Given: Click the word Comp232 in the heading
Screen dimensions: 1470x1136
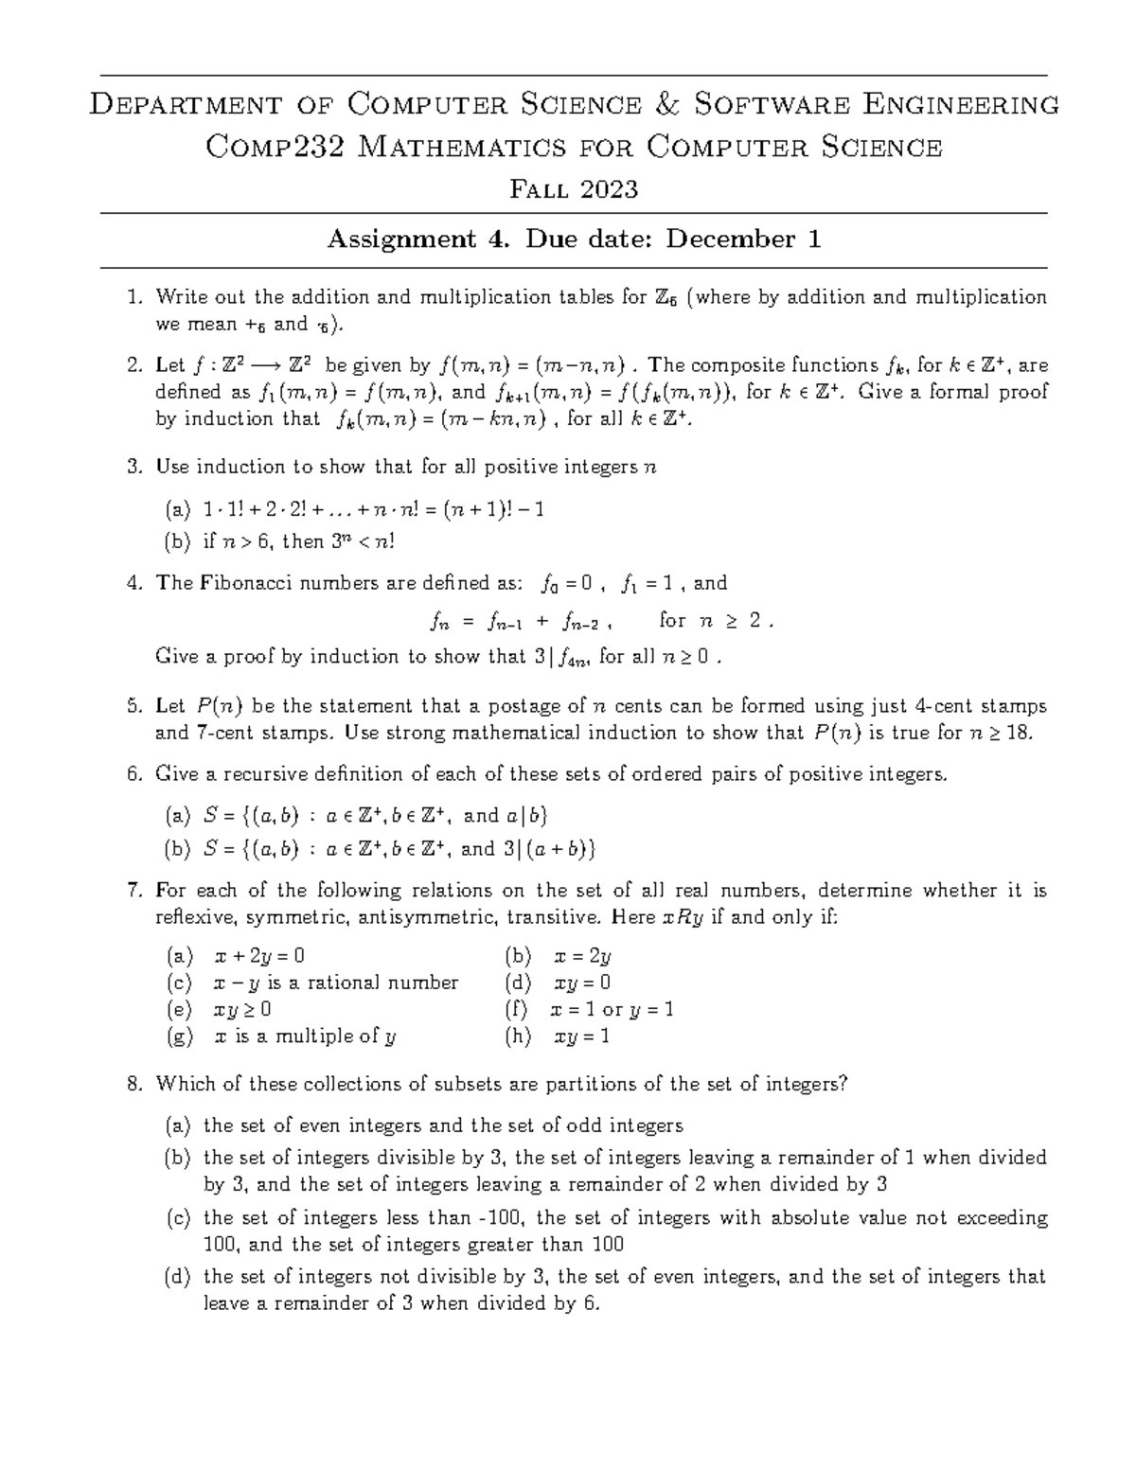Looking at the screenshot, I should click(x=267, y=147).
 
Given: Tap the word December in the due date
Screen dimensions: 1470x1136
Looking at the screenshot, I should click(x=730, y=239).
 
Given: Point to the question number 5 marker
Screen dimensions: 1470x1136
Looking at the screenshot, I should click(x=133, y=706).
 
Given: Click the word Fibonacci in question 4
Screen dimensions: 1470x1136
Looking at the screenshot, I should click(x=246, y=583).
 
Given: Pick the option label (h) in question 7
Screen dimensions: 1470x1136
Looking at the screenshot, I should click(x=519, y=1036).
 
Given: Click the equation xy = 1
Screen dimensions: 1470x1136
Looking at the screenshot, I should click(x=581, y=1036).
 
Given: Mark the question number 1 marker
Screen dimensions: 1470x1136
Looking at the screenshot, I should click(x=133, y=298).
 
